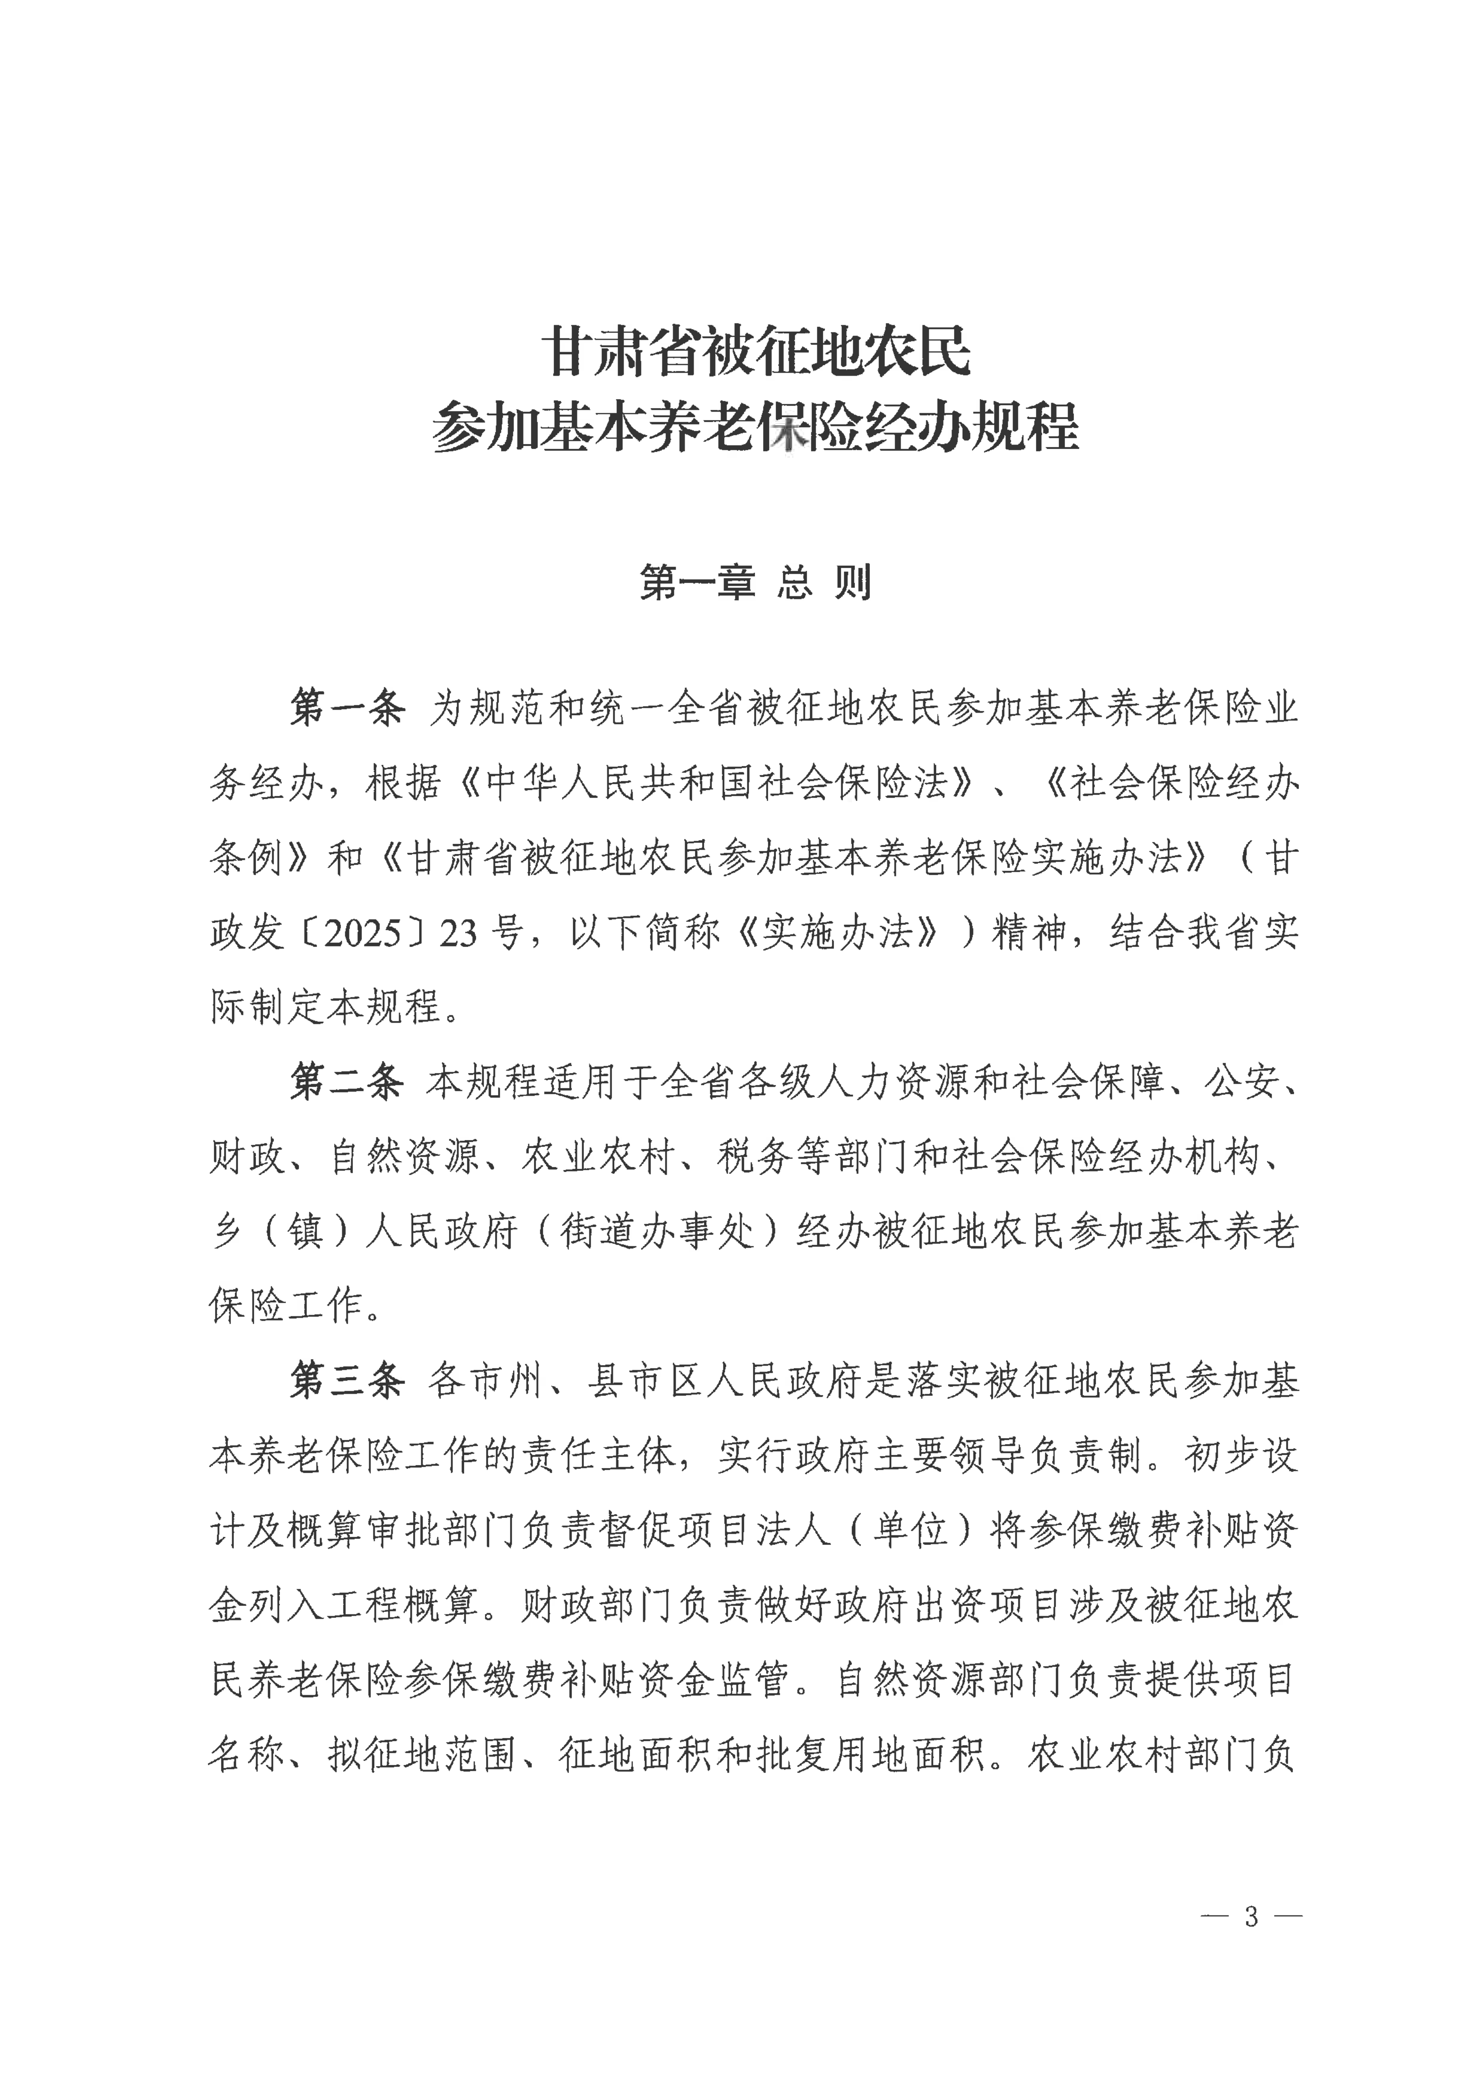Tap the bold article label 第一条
[347, 708]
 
